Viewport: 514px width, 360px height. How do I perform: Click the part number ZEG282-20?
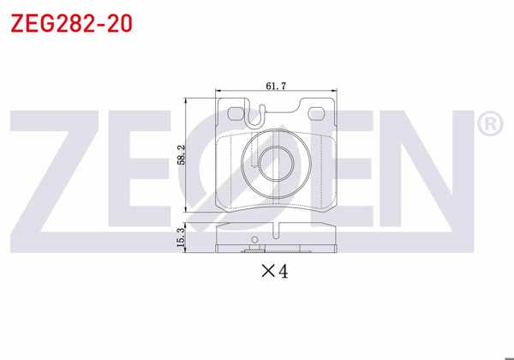point(71,23)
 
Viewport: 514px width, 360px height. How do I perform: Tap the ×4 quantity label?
point(275,272)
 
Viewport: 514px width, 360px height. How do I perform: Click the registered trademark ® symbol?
point(489,125)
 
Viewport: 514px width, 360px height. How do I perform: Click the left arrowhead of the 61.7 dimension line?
point(220,91)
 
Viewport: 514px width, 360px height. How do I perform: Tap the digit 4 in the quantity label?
point(284,272)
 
